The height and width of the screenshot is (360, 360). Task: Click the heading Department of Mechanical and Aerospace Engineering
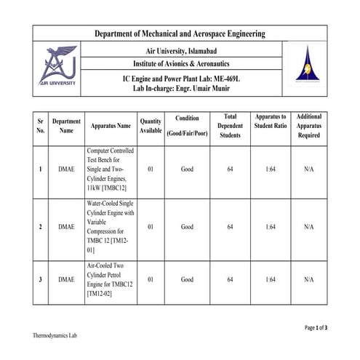click(180, 33)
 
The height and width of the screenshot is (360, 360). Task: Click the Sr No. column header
click(41, 126)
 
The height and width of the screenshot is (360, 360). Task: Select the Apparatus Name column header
click(111, 126)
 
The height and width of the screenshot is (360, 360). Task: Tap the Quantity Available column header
click(151, 126)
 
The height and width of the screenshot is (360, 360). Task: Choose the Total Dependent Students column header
click(230, 125)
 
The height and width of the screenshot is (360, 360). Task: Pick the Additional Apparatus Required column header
click(309, 125)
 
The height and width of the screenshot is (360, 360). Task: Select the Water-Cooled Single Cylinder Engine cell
click(111, 227)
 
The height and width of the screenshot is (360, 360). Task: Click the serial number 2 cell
click(41, 227)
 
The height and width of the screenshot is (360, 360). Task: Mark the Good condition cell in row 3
click(187, 279)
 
